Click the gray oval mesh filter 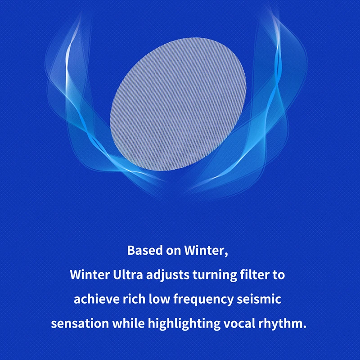(178, 104)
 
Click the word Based (145, 250)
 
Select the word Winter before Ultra (90, 274)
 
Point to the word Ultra (128, 274)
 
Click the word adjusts (168, 275)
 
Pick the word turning (215, 275)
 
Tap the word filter (255, 274)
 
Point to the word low (160, 299)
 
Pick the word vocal (239, 324)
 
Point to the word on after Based (173, 251)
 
